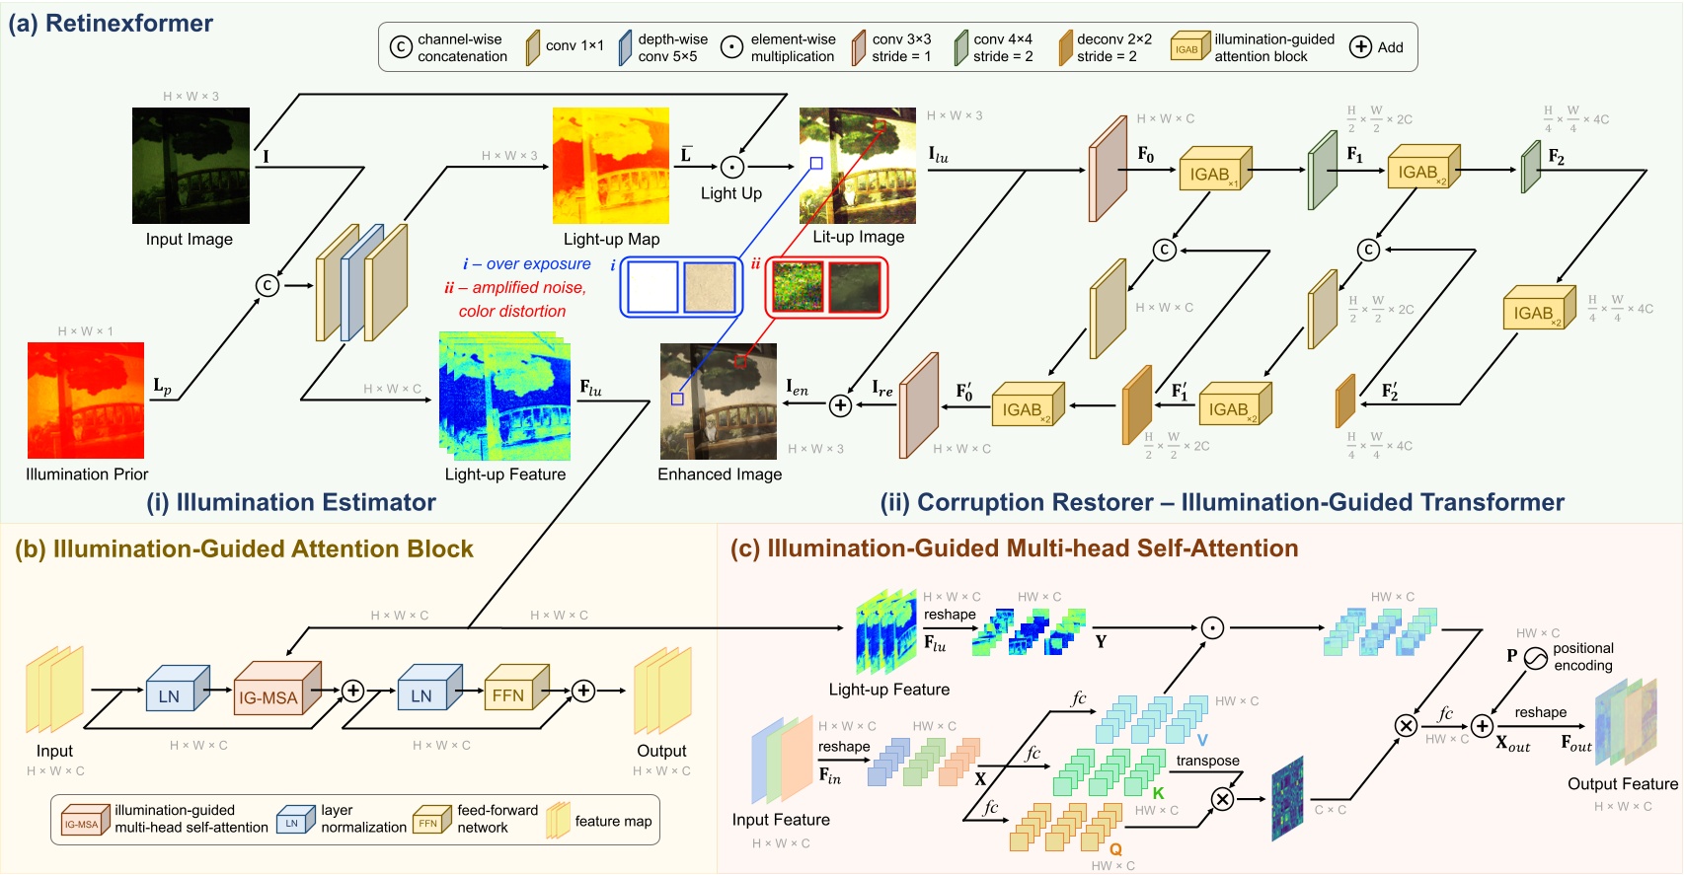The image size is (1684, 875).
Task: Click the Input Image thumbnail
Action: (191, 166)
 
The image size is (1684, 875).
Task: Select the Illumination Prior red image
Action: (86, 400)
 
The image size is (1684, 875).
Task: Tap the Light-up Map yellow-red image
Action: (610, 166)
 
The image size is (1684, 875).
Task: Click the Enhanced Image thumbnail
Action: (718, 401)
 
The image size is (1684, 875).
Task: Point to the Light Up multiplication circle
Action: (731, 167)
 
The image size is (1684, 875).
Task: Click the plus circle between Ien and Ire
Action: (840, 405)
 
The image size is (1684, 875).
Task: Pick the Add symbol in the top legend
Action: (1360, 47)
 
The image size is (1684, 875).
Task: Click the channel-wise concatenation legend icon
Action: (401, 47)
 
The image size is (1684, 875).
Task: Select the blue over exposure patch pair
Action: (680, 287)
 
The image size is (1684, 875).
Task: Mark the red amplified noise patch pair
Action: (826, 287)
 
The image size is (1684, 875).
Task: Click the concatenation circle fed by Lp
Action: (267, 285)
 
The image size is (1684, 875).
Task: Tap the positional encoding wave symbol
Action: (1536, 658)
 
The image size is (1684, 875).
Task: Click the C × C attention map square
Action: (1287, 799)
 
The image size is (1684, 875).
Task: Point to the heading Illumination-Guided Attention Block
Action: (244, 549)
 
